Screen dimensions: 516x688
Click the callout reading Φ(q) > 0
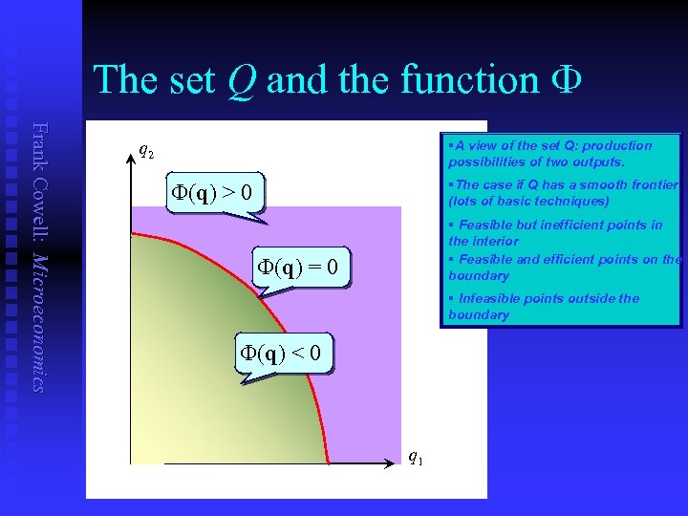[214, 195]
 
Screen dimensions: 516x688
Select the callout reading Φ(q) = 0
[301, 267]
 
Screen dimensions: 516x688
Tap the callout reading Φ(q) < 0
[286, 355]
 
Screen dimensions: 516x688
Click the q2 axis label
[146, 150]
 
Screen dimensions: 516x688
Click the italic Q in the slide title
[242, 78]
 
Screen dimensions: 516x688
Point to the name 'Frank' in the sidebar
[38, 145]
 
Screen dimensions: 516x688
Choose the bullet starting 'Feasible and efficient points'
[564, 268]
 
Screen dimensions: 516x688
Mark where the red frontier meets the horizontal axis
[328, 464]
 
